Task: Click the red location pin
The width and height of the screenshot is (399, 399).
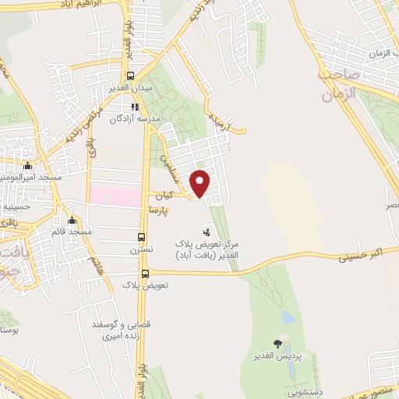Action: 200,182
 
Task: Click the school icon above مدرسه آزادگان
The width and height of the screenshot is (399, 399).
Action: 135,106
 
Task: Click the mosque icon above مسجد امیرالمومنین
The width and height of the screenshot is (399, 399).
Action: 28,165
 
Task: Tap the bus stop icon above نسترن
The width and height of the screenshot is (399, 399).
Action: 141,237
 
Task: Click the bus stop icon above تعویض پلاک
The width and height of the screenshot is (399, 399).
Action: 146,273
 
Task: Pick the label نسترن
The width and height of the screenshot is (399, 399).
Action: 141,249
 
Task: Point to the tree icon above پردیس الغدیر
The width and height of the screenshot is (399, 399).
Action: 278,344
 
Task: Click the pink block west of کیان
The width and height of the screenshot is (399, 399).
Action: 117,195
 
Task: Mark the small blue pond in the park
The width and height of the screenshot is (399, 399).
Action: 288,317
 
